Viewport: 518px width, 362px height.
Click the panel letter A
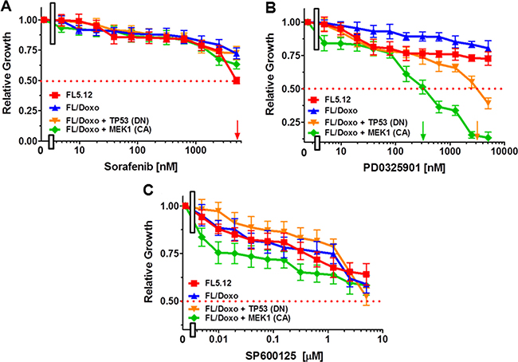pyautogui.click(x=7, y=7)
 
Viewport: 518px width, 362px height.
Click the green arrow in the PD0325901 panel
pyautogui.click(x=423, y=128)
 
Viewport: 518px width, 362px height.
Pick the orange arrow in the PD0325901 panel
pyautogui.click(x=477, y=128)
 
